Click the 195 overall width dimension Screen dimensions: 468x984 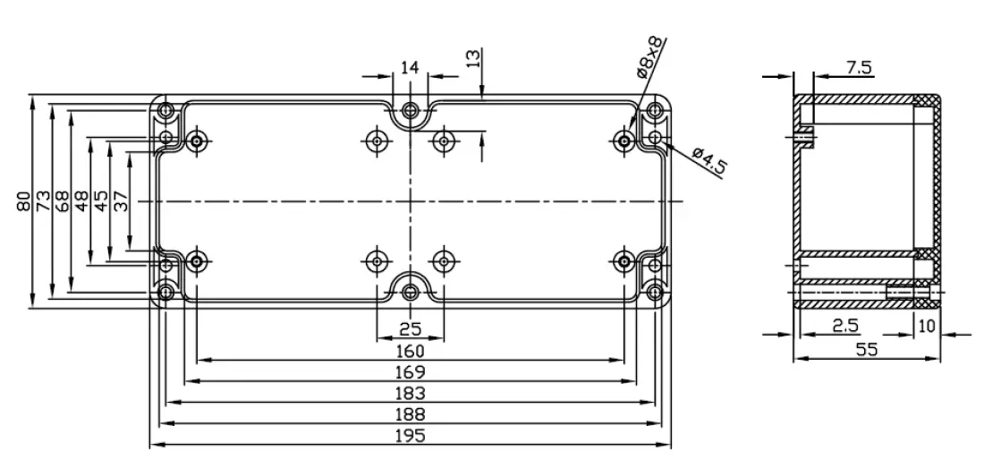click(x=410, y=436)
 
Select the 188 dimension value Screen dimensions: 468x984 click(x=410, y=414)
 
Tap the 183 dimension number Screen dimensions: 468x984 click(x=410, y=393)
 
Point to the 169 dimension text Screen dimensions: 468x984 click(x=410, y=371)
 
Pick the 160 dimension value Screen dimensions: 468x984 click(x=410, y=351)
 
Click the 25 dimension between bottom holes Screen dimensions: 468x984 click(x=410, y=328)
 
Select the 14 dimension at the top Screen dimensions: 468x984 click(x=410, y=67)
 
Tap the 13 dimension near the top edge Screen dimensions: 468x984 click(x=473, y=59)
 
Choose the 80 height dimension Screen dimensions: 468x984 click(x=24, y=200)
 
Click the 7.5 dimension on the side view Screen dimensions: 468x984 click(x=858, y=66)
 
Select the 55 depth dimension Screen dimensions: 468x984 click(x=865, y=350)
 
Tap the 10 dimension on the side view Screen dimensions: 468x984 click(x=927, y=326)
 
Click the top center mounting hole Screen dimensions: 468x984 click(x=410, y=111)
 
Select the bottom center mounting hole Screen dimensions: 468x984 click(x=410, y=292)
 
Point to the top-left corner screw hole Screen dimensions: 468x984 click(x=165, y=111)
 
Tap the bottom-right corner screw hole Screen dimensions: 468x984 click(x=656, y=292)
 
